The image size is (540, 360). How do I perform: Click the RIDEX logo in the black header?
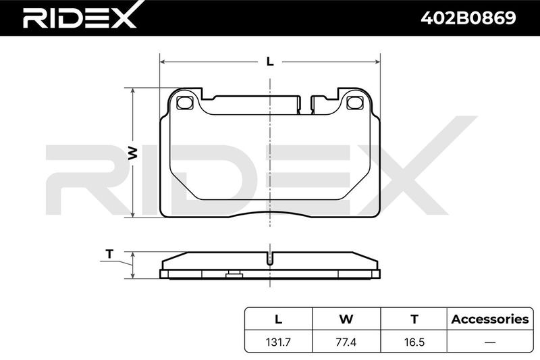[79, 18]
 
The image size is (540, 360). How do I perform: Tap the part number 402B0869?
[468, 18]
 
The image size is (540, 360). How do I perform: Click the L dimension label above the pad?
[271, 61]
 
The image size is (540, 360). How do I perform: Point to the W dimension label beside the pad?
[132, 153]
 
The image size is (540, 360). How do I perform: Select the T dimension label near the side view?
[109, 254]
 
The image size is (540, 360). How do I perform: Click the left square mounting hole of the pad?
[184, 103]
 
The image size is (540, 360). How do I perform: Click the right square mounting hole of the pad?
[355, 103]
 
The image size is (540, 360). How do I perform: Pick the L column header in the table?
[278, 319]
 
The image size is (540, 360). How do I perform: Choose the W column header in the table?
[346, 319]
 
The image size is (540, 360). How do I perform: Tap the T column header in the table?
[414, 319]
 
